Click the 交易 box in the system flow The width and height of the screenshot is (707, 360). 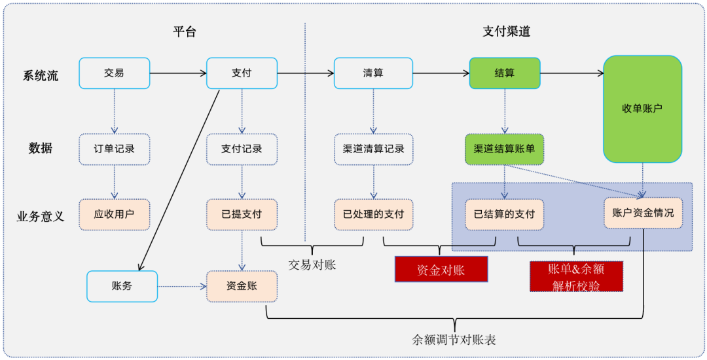[x=114, y=73]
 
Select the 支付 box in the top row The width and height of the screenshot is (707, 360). [x=242, y=73]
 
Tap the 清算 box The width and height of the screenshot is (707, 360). [x=373, y=73]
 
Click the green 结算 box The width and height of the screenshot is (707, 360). [x=504, y=73]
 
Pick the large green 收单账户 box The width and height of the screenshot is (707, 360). [x=642, y=109]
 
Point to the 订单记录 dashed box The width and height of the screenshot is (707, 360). [x=114, y=149]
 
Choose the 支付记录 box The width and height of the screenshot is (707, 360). [x=242, y=149]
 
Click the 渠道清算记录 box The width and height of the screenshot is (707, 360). [x=373, y=149]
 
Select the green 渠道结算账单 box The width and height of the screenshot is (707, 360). [x=504, y=149]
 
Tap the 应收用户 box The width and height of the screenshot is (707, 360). [x=114, y=214]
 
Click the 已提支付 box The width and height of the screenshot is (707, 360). [x=242, y=214]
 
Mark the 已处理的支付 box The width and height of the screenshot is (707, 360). [x=373, y=214]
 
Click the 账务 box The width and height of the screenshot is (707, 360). [x=122, y=286]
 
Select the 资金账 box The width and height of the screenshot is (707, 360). [x=242, y=286]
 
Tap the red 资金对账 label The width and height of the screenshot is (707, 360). [x=441, y=269]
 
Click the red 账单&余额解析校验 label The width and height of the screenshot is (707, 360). [x=576, y=276]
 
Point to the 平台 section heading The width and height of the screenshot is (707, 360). [x=184, y=32]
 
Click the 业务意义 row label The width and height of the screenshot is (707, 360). [x=41, y=216]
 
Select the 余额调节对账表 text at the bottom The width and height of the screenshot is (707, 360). [x=454, y=340]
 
